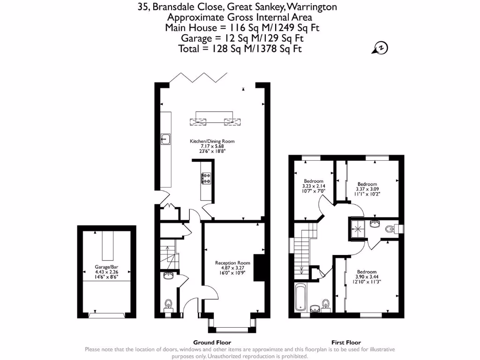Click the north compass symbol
(x=381, y=48)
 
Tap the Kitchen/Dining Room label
(x=212, y=141)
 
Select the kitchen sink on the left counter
(x=165, y=139)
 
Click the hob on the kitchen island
(x=206, y=178)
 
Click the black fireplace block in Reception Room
(x=259, y=268)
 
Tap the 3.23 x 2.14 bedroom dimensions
(x=313, y=186)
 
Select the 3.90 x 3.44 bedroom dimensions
(x=367, y=277)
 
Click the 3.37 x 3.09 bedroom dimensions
(x=367, y=189)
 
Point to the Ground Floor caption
(x=212, y=343)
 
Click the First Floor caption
(x=346, y=343)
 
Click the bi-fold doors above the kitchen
(x=199, y=77)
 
